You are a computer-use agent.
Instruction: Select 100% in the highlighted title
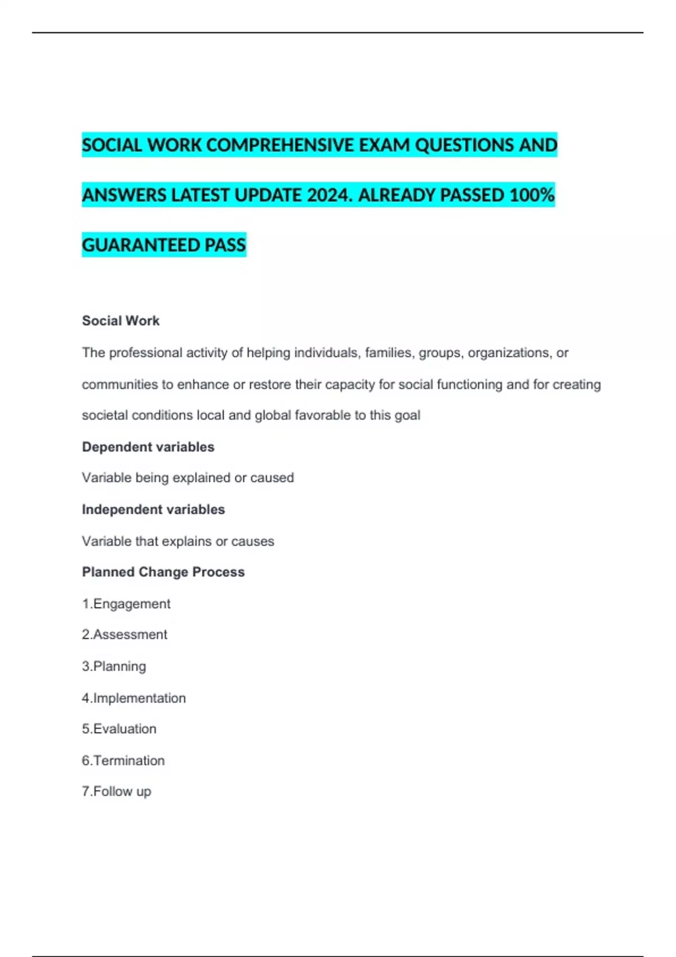[532, 195]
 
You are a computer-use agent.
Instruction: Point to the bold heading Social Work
[121, 321]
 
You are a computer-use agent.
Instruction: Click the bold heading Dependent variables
[148, 447]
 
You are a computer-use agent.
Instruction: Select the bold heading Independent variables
[153, 509]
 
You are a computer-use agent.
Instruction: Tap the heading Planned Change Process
[163, 572]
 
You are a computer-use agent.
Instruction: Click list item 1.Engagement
[126, 603]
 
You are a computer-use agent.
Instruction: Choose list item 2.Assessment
[124, 634]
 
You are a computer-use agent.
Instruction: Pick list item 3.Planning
[114, 667]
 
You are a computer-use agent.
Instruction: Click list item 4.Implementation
[134, 698]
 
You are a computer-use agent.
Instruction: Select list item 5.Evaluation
[119, 729]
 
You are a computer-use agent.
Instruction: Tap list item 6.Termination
[123, 761]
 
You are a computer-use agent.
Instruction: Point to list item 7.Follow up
[117, 791]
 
